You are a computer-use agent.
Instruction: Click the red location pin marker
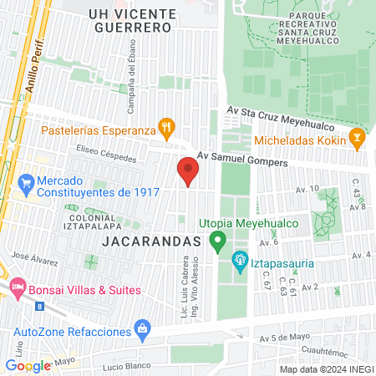188,172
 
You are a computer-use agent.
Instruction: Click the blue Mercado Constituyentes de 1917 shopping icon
27,181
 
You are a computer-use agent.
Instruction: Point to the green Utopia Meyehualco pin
218,242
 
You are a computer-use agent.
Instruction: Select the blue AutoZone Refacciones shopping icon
142,330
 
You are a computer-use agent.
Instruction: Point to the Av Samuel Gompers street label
241,160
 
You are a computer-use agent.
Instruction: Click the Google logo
28,365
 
